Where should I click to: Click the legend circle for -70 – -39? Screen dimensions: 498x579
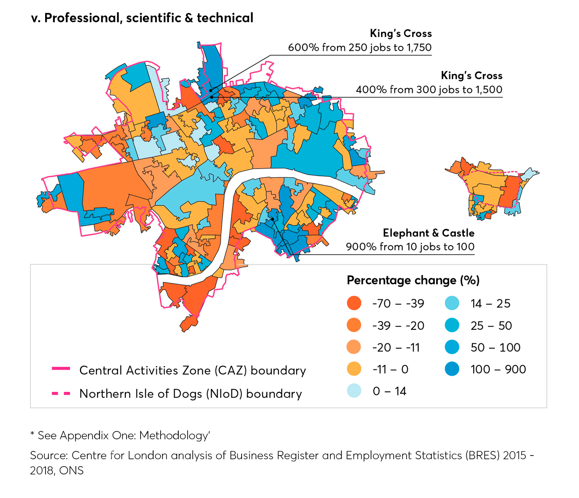[354, 303]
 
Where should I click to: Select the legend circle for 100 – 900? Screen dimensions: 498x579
[452, 369]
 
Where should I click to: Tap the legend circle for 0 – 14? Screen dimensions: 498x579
[354, 391]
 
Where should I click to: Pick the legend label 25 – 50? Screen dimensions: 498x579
[491, 326]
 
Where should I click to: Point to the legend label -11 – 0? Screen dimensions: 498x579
[390, 369]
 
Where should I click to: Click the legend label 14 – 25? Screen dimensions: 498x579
[490, 304]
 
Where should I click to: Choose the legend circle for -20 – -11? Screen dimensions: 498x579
[354, 347]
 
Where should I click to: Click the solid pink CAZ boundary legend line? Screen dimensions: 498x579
[61, 369]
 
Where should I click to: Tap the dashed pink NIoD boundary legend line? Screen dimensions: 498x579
[61, 393]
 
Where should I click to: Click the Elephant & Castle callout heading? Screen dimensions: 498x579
[428, 233]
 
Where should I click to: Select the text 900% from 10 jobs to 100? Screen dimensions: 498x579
[410, 247]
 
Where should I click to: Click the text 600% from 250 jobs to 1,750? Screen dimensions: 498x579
[360, 47]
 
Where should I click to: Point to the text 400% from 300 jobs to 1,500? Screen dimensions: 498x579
[429, 89]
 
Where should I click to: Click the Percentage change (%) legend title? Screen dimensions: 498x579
[413, 280]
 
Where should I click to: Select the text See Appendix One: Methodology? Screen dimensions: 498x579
[124, 435]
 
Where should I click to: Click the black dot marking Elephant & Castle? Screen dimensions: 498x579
[272, 219]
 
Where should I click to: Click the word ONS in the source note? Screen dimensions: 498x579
[71, 471]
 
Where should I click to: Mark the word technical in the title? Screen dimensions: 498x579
[225, 18]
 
